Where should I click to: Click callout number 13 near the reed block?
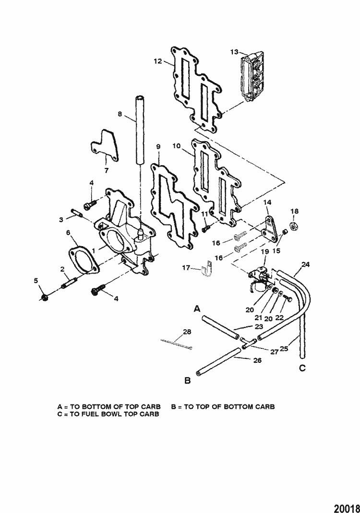pyautogui.click(x=234, y=51)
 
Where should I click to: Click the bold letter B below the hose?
pyautogui.click(x=188, y=381)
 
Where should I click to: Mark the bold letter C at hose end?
pyautogui.click(x=302, y=368)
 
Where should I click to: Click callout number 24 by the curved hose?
pyautogui.click(x=306, y=264)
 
